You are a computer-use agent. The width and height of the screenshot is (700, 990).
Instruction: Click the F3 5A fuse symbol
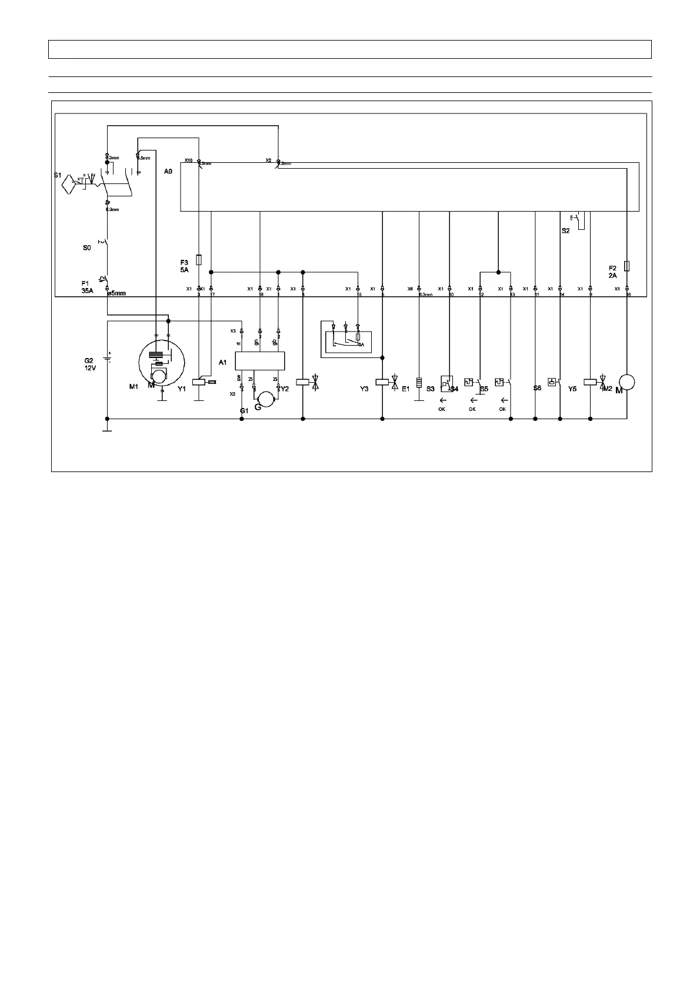pos(199,259)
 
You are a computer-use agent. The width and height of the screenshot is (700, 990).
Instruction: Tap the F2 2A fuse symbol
pos(627,266)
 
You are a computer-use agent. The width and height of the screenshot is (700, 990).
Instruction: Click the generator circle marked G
pos(266,400)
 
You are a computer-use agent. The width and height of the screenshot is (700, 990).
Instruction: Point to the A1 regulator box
pos(259,360)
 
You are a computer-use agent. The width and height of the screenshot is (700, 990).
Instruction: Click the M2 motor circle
pos(627,382)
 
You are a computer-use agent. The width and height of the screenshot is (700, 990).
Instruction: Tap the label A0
pos(168,172)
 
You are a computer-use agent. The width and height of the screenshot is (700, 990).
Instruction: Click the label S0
pos(86,248)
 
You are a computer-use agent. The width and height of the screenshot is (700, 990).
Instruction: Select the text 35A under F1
pos(88,290)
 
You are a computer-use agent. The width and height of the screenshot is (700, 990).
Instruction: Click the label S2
pos(565,231)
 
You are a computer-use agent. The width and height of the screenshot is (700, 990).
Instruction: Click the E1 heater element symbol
pos(419,383)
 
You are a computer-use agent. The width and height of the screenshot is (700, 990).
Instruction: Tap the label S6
pos(537,388)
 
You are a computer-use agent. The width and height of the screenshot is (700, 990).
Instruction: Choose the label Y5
pos(572,389)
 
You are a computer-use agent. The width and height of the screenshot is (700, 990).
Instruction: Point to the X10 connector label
pos(188,160)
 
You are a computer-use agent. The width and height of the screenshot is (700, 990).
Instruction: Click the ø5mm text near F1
pos(116,293)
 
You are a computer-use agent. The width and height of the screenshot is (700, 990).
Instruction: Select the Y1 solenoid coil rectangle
pos(199,382)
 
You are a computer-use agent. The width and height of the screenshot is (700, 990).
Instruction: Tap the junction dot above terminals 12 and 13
pos(498,272)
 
